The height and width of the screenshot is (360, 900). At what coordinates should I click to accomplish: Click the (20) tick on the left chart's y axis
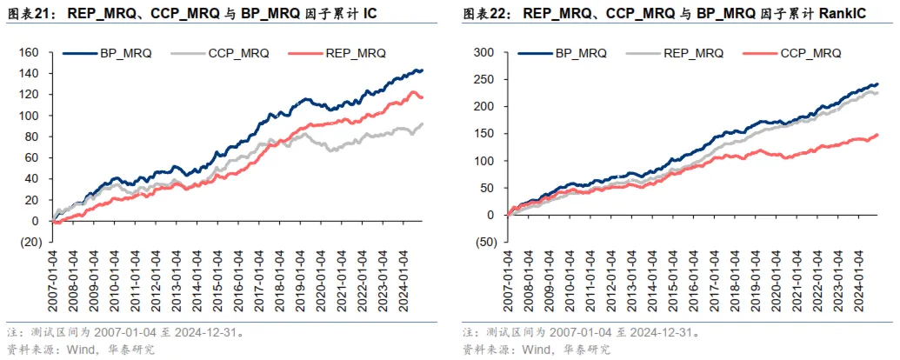click(x=30, y=242)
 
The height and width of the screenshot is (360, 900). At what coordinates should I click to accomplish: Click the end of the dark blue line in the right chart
click(x=877, y=84)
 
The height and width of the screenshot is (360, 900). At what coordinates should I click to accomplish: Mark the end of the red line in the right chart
click(x=877, y=135)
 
